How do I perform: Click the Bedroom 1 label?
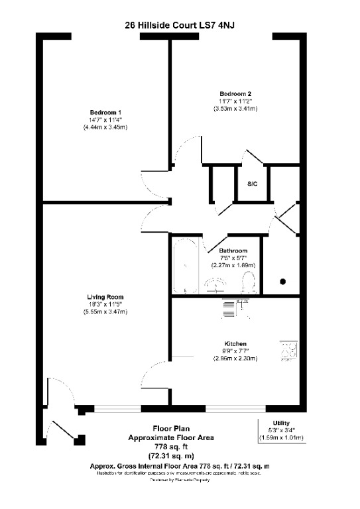106,111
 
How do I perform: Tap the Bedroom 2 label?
235,93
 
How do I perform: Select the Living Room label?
105,296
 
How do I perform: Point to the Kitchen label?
235,343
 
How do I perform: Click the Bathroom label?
233,251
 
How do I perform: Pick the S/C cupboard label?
253,183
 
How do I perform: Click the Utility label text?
282,423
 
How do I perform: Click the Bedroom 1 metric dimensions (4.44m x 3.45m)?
106,127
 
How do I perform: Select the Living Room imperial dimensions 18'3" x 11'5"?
105,304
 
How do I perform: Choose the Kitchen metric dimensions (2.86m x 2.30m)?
235,359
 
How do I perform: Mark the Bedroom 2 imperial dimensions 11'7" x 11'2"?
235,101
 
